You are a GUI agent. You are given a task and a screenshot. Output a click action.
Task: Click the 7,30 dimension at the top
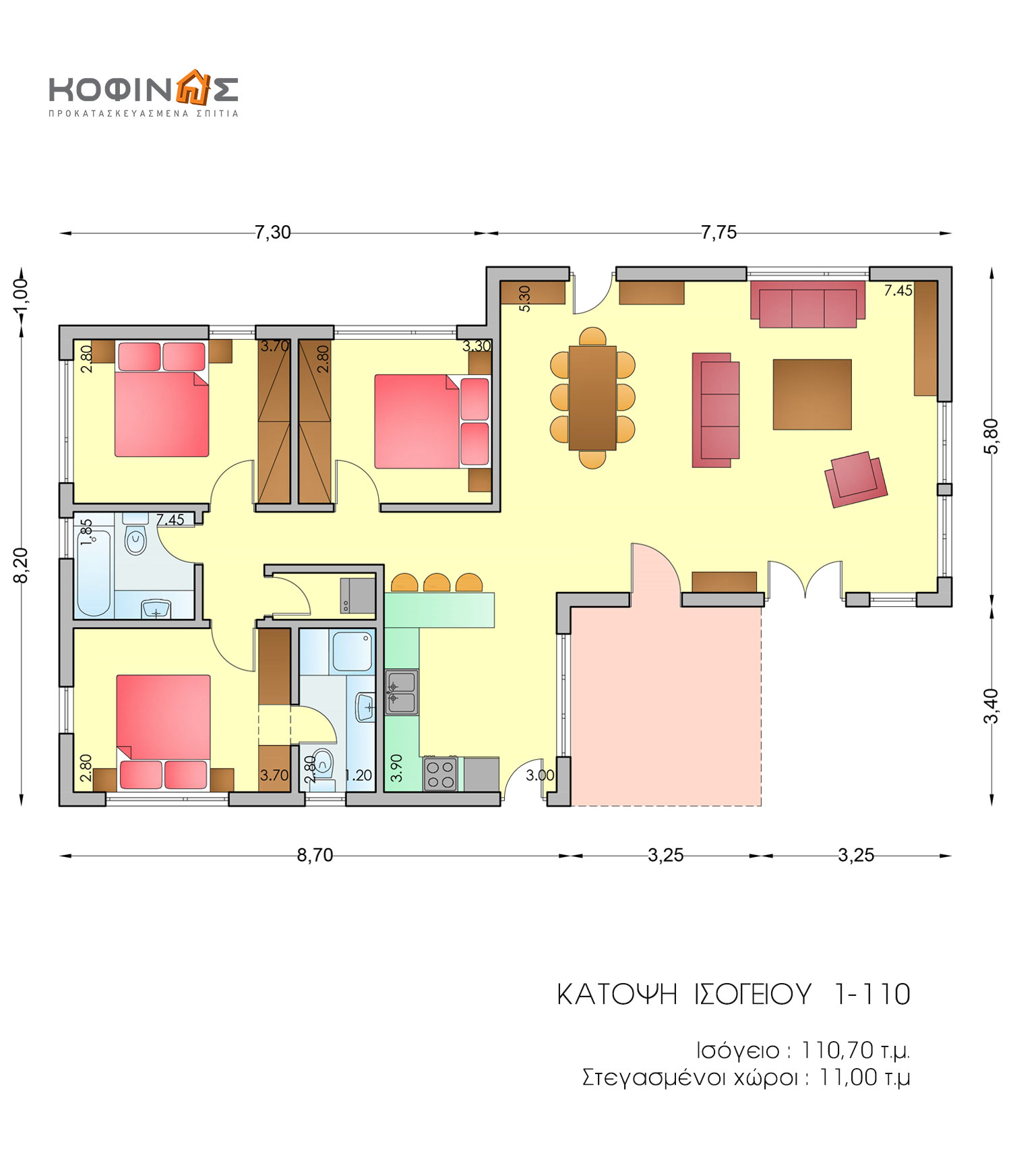[273, 233]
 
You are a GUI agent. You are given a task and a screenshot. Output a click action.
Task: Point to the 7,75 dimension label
[718, 233]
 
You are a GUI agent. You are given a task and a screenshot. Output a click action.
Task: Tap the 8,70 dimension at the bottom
[315, 855]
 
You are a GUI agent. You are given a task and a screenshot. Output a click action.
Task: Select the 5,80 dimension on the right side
[991, 436]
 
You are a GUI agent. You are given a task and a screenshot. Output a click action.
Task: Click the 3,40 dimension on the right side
[991, 706]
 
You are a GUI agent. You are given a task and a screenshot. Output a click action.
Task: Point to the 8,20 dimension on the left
[22, 565]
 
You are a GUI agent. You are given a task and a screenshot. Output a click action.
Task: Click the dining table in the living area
[592, 398]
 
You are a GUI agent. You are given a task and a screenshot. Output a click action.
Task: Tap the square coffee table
[812, 394]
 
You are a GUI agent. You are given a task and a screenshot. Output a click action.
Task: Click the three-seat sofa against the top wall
[808, 304]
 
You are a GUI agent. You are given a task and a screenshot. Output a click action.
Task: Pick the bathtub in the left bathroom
[94, 573]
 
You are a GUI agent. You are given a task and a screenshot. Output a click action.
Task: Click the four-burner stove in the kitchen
[440, 774]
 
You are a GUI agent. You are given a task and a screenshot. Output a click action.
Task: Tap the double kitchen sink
[402, 692]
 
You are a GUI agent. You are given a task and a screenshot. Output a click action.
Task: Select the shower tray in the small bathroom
[353, 651]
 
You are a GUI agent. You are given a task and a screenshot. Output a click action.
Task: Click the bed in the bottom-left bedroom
[163, 732]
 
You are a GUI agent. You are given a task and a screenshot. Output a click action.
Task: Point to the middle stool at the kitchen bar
[437, 583]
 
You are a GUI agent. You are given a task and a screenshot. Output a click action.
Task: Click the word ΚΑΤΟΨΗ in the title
[617, 995]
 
